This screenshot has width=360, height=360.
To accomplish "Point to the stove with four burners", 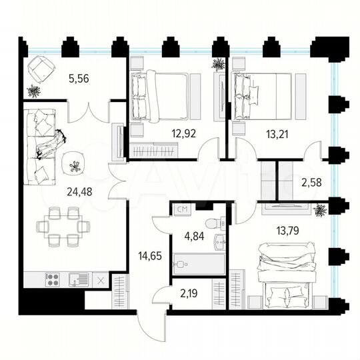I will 53,280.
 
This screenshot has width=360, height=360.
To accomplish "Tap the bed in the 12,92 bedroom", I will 159,97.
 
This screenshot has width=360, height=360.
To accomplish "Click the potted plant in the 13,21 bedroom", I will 219,65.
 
